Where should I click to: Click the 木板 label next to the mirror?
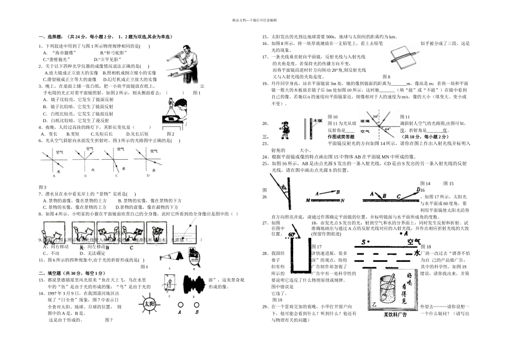(317, 121)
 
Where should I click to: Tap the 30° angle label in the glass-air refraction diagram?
(377, 116)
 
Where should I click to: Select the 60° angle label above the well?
(293, 235)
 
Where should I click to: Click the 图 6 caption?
(145, 267)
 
